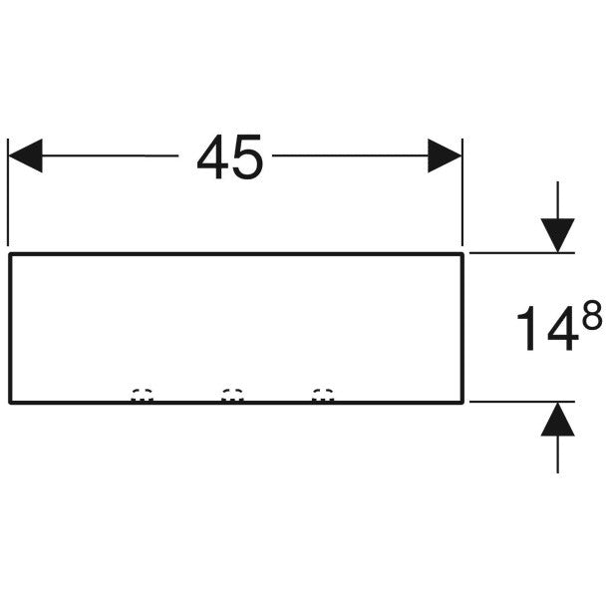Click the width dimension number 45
pyautogui.click(x=230, y=156)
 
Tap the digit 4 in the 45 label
pyautogui.click(x=213, y=156)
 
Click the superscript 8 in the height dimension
pyautogui.click(x=592, y=315)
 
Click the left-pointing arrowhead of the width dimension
pyautogui.click(x=25, y=155)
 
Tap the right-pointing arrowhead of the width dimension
pyautogui.click(x=445, y=155)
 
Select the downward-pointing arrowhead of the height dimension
pyautogui.click(x=557, y=235)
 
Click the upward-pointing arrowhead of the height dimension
pyautogui.click(x=557, y=420)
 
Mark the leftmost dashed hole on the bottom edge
pyautogui.click(x=142, y=395)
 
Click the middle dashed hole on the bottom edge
pyautogui.click(x=232, y=395)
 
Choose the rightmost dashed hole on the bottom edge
pyautogui.click(x=323, y=395)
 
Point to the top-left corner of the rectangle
pyautogui.click(x=10, y=254)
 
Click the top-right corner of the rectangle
pyautogui.click(x=462, y=254)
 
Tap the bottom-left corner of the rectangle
pyautogui.click(x=10, y=403)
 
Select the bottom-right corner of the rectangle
pyautogui.click(x=462, y=403)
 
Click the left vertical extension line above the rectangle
pyautogui.click(x=8, y=192)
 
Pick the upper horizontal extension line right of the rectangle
pyautogui.click(x=522, y=253)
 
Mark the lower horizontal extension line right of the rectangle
pyautogui.click(x=522, y=402)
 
